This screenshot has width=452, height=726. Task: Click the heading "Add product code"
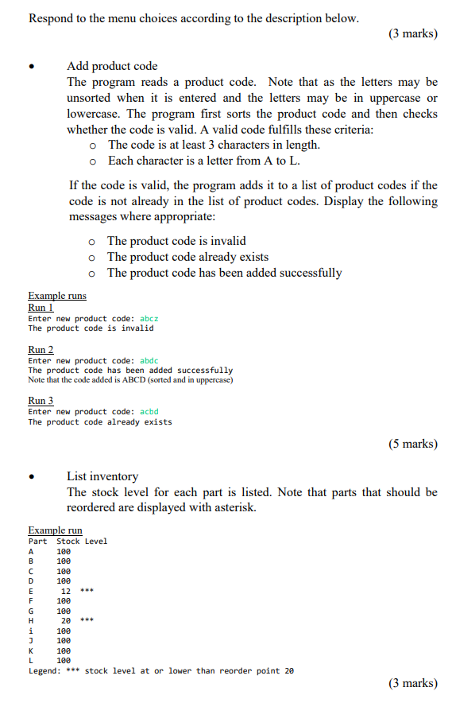coord(112,66)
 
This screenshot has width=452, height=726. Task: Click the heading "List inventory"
coord(102,476)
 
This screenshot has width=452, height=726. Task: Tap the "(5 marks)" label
coord(412,444)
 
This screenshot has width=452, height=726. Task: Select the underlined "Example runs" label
coord(57,296)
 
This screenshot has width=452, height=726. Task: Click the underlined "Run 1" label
coord(41,307)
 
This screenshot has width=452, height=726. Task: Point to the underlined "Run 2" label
coord(41,349)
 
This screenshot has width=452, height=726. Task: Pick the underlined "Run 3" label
coord(41,401)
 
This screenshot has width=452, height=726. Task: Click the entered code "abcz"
coord(149,318)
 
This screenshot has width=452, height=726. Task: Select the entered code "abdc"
coord(149,360)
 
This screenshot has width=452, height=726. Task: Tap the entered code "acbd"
coord(149,412)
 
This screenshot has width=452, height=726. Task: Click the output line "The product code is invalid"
coord(91,328)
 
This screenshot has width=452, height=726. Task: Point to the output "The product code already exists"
coord(100,422)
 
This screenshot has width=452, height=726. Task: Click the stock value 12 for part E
coord(66,591)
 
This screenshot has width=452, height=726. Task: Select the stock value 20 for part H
coord(66,620)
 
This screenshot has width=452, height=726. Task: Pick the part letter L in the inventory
coord(31,660)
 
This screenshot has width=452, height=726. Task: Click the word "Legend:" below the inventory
coord(44,671)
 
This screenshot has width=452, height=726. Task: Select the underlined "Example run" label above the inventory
coord(55,530)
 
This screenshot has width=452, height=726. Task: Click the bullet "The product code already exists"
coord(187,257)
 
